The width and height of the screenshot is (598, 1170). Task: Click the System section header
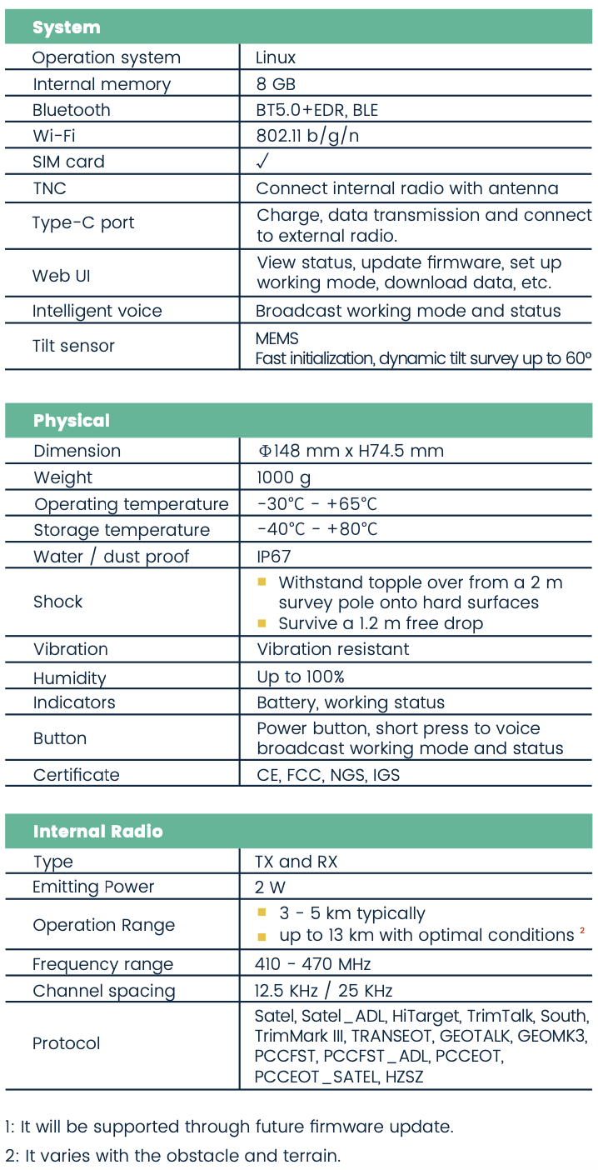66,27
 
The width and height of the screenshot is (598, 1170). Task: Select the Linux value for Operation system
276,57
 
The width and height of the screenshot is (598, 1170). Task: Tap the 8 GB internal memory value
276,84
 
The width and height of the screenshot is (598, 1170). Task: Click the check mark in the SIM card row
263,161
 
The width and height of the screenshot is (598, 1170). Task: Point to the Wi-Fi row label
54,136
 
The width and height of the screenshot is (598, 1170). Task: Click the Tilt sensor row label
73,346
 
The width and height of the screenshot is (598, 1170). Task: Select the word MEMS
277,338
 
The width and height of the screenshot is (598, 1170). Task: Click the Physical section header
72,421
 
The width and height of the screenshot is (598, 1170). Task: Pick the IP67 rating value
274,556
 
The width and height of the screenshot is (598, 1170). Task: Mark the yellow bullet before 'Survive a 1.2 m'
262,622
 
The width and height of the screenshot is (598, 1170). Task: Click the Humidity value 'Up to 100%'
301,677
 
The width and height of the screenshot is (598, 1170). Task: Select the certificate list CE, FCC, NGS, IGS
328,775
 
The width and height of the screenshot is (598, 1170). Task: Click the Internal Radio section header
97,832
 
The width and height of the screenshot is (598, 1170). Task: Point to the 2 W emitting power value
272,887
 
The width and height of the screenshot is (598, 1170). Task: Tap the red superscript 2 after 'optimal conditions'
582,930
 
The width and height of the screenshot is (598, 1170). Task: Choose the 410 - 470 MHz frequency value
313,964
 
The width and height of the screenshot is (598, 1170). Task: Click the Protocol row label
66,1043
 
